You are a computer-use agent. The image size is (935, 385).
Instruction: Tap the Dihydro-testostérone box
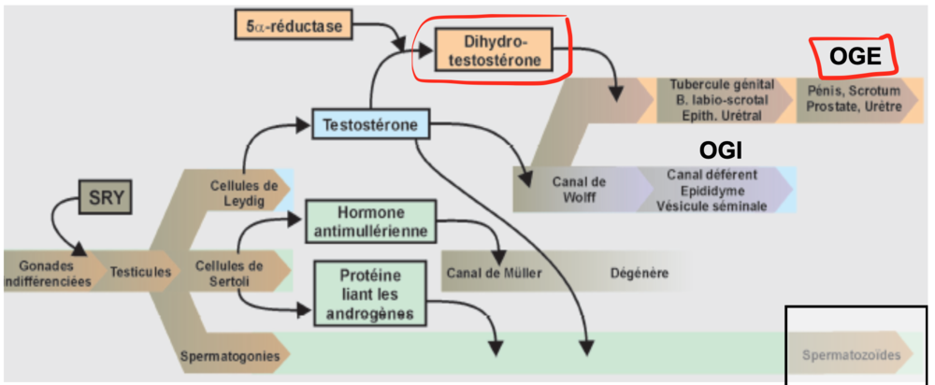click(x=493, y=52)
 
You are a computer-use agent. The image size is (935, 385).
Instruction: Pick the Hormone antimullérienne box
click(x=368, y=222)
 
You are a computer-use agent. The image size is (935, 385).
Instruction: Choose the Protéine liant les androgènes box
click(x=369, y=292)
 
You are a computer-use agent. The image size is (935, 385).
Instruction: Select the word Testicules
click(x=140, y=273)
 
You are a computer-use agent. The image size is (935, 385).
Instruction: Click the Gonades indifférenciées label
click(x=46, y=273)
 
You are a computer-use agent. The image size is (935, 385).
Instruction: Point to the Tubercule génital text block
click(x=716, y=99)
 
